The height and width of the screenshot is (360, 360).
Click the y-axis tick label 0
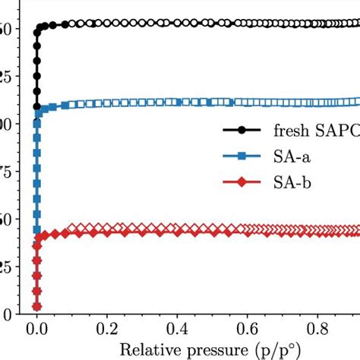(6, 314)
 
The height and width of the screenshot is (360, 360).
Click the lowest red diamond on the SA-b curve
(36, 306)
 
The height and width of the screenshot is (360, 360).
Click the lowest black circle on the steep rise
(36, 106)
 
